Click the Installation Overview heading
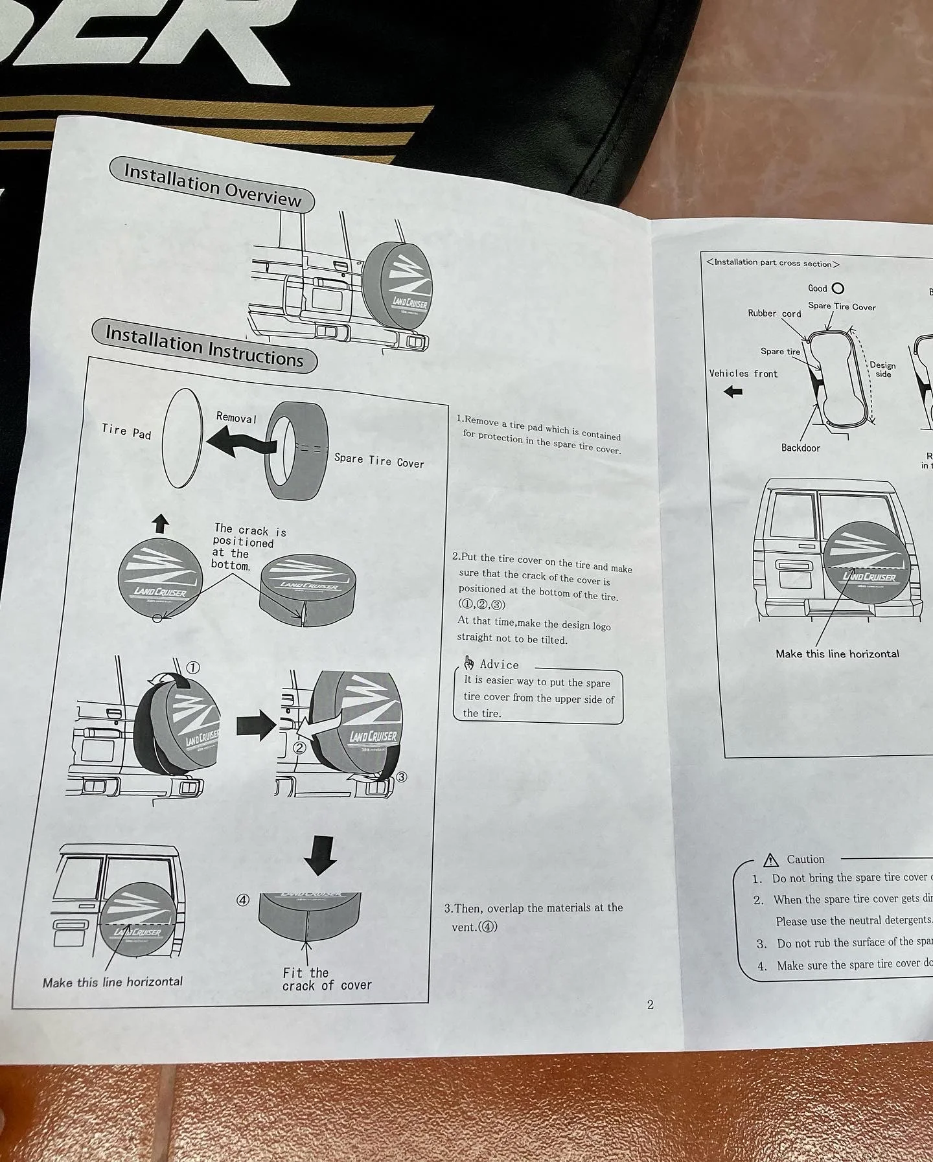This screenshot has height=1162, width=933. coord(212,185)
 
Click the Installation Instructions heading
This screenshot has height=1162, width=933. coord(204,347)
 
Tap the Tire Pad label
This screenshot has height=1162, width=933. coord(126,431)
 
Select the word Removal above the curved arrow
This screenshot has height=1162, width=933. coord(236,418)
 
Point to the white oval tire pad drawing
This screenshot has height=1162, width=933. coord(183,438)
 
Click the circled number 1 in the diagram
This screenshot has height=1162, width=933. coord(193,668)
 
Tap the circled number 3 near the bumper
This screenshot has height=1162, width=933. coord(402,777)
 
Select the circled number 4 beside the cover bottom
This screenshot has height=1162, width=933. coord(242,900)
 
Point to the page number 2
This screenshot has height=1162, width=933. coord(651,1005)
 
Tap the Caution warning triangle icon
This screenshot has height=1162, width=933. coord(770,860)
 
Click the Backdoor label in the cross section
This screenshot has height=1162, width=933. coord(800,448)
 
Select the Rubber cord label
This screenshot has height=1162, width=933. coord(774,313)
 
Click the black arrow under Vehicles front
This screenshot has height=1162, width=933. coord(733,391)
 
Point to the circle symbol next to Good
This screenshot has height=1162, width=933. coord(838,288)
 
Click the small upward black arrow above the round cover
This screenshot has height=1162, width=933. coord(161,523)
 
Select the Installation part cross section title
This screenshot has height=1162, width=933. coord(773,263)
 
